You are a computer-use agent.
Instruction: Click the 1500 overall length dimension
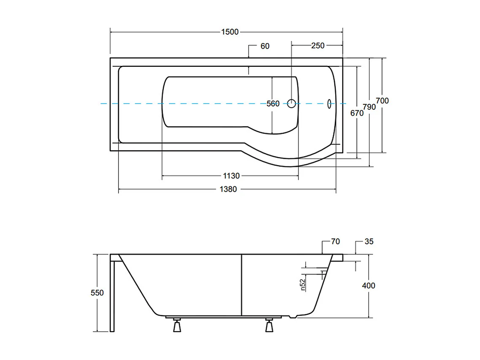230,32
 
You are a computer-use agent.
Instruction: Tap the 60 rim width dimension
265,46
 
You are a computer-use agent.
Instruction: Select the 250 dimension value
317,46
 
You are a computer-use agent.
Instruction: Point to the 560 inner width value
273,104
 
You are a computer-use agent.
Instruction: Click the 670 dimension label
357,113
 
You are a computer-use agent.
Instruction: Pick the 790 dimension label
369,107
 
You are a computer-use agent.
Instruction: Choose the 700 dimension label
382,101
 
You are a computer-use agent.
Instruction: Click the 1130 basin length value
231,176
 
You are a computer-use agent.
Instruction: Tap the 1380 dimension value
228,189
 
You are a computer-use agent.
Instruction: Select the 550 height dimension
97,292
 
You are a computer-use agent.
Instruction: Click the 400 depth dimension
369,286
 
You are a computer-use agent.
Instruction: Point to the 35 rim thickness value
369,242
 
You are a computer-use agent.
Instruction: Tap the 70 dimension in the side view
335,242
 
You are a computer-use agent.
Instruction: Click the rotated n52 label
303,285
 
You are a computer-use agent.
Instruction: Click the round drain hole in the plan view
291,103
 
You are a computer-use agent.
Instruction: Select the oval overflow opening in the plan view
329,104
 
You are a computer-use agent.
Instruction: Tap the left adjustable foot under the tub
177,326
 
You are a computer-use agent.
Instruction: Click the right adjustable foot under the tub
269,326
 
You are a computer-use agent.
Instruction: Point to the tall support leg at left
112,296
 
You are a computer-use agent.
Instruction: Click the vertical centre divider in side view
241,285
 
